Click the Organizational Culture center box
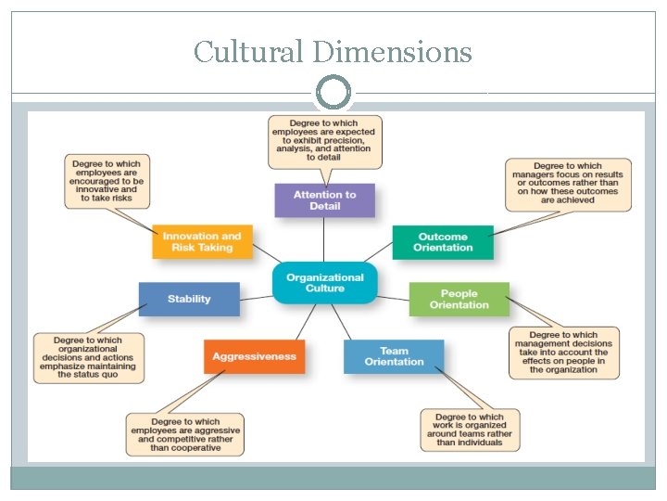[324, 282]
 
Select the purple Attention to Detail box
[324, 200]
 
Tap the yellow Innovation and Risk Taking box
[202, 241]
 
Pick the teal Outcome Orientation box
[443, 241]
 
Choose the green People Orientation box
[459, 299]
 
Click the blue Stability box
[189, 299]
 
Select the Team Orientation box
[394, 356]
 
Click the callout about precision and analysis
[324, 140]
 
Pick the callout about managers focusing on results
[568, 183]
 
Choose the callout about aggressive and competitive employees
[185, 434]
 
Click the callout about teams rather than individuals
[470, 430]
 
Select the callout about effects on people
[563, 353]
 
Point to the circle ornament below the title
[333, 93]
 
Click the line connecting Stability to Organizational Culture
[256, 292]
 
